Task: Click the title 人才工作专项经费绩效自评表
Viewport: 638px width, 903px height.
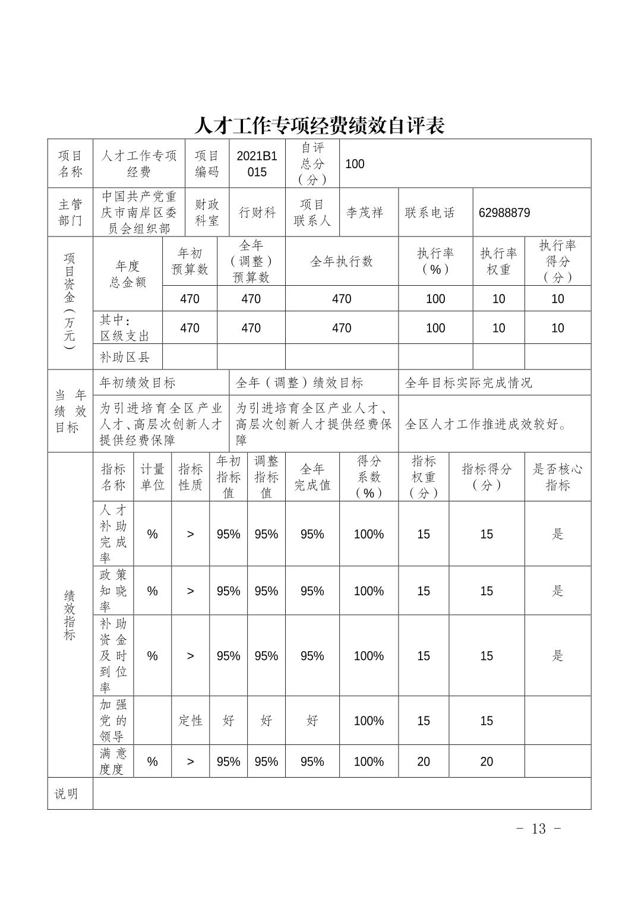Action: coord(319,125)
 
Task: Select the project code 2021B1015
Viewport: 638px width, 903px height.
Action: coord(257,164)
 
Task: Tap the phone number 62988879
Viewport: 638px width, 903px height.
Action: coord(504,213)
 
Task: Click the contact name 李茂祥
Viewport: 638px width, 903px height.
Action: coord(365,213)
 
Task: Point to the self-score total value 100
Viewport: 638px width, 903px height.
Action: coord(355,164)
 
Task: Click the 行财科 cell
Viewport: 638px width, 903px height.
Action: coord(257,213)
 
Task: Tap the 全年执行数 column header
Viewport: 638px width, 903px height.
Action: coord(342,261)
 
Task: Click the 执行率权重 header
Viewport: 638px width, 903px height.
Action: coord(498,261)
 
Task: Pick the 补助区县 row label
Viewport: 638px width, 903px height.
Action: coord(125,357)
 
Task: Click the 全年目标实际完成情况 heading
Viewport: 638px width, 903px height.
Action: coord(468,383)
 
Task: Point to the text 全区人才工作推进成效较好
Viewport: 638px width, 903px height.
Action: coord(486,424)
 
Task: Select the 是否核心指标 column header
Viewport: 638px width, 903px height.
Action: coord(557,477)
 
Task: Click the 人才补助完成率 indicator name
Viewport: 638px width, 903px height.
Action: coord(113,533)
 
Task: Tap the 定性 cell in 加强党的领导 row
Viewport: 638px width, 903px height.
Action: coord(191,721)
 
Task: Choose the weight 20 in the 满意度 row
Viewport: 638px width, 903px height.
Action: coord(423,762)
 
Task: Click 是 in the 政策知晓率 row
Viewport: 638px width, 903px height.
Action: coord(557,591)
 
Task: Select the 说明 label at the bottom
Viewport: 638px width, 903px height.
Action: coord(66,794)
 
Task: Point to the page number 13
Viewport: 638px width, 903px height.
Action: coord(538,829)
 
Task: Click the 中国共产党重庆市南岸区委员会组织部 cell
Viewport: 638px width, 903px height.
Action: coord(139,213)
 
